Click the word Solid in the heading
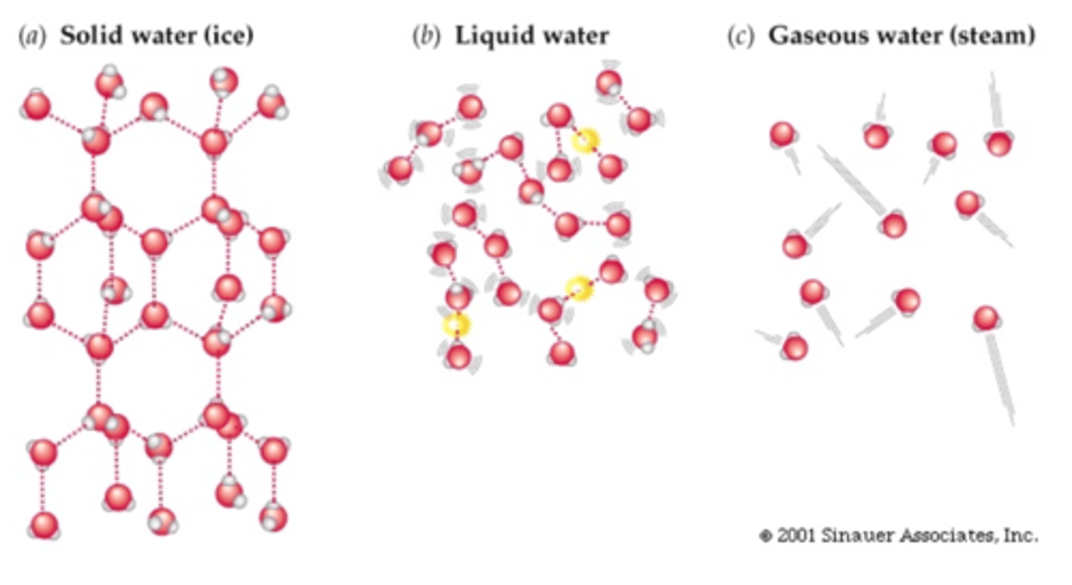89,36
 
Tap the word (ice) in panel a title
227,36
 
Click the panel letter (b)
427,36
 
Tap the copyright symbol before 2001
765,536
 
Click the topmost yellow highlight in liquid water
586,139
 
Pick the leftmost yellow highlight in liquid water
456,325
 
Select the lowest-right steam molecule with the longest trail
986,319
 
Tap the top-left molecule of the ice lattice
36,106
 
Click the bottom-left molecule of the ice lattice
44,525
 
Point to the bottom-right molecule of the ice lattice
273,516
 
